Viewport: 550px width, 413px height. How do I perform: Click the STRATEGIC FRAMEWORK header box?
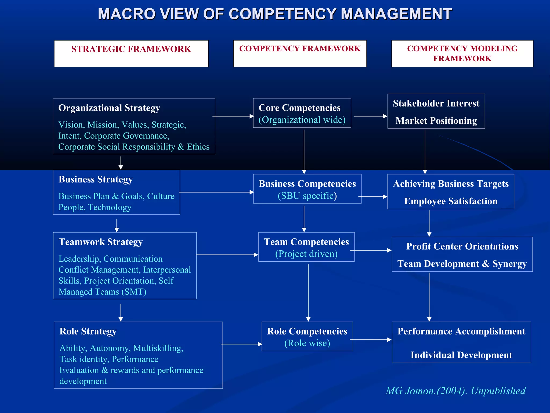(x=131, y=54)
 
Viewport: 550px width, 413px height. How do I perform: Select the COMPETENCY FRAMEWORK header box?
(x=300, y=54)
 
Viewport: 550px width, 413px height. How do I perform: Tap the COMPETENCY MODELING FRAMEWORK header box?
(x=462, y=54)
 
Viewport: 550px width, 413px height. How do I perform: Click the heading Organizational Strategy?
(x=109, y=108)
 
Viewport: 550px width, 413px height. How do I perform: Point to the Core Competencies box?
(x=302, y=113)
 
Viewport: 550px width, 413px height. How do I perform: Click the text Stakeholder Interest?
(x=436, y=104)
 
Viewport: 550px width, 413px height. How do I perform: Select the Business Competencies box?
(x=307, y=189)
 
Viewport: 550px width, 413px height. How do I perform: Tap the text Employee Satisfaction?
(x=451, y=201)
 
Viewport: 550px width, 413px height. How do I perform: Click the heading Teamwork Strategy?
(x=101, y=242)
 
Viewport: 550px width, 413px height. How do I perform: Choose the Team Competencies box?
(x=306, y=247)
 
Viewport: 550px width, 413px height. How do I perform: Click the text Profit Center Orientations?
(x=462, y=246)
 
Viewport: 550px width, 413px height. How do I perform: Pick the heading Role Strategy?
(x=88, y=331)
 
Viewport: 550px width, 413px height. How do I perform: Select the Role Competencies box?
(x=307, y=336)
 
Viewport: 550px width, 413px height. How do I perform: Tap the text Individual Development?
(x=461, y=355)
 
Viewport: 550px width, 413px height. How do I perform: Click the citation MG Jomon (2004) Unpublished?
(x=455, y=391)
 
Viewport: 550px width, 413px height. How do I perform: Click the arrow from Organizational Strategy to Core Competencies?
(x=233, y=116)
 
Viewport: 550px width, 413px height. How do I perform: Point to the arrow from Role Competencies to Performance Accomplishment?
(x=371, y=340)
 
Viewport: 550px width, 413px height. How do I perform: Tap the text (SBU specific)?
(x=307, y=196)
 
